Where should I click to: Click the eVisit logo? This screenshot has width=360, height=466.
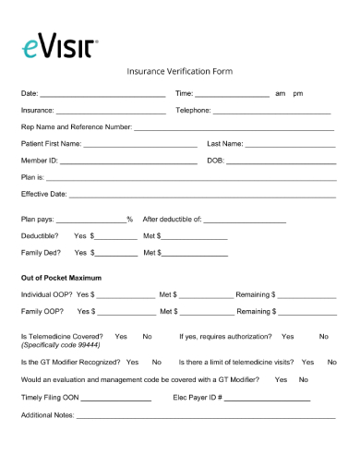point(56,46)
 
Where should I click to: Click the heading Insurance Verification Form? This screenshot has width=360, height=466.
point(179,71)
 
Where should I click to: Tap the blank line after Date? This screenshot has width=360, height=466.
point(103,95)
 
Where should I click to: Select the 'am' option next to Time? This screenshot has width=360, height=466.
point(280,94)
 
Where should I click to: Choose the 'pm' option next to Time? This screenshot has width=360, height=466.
point(297,94)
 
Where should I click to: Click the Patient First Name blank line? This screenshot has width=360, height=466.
point(140,146)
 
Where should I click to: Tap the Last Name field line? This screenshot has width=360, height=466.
point(290,146)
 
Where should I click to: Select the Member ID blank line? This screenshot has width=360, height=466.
point(128,162)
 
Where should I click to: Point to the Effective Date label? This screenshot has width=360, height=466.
point(43,195)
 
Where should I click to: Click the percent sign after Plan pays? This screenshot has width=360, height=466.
point(130,220)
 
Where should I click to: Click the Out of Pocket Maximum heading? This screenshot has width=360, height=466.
point(61,278)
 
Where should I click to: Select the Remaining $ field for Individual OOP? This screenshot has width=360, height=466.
point(306,296)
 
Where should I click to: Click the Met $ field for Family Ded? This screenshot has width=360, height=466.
point(194,254)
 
